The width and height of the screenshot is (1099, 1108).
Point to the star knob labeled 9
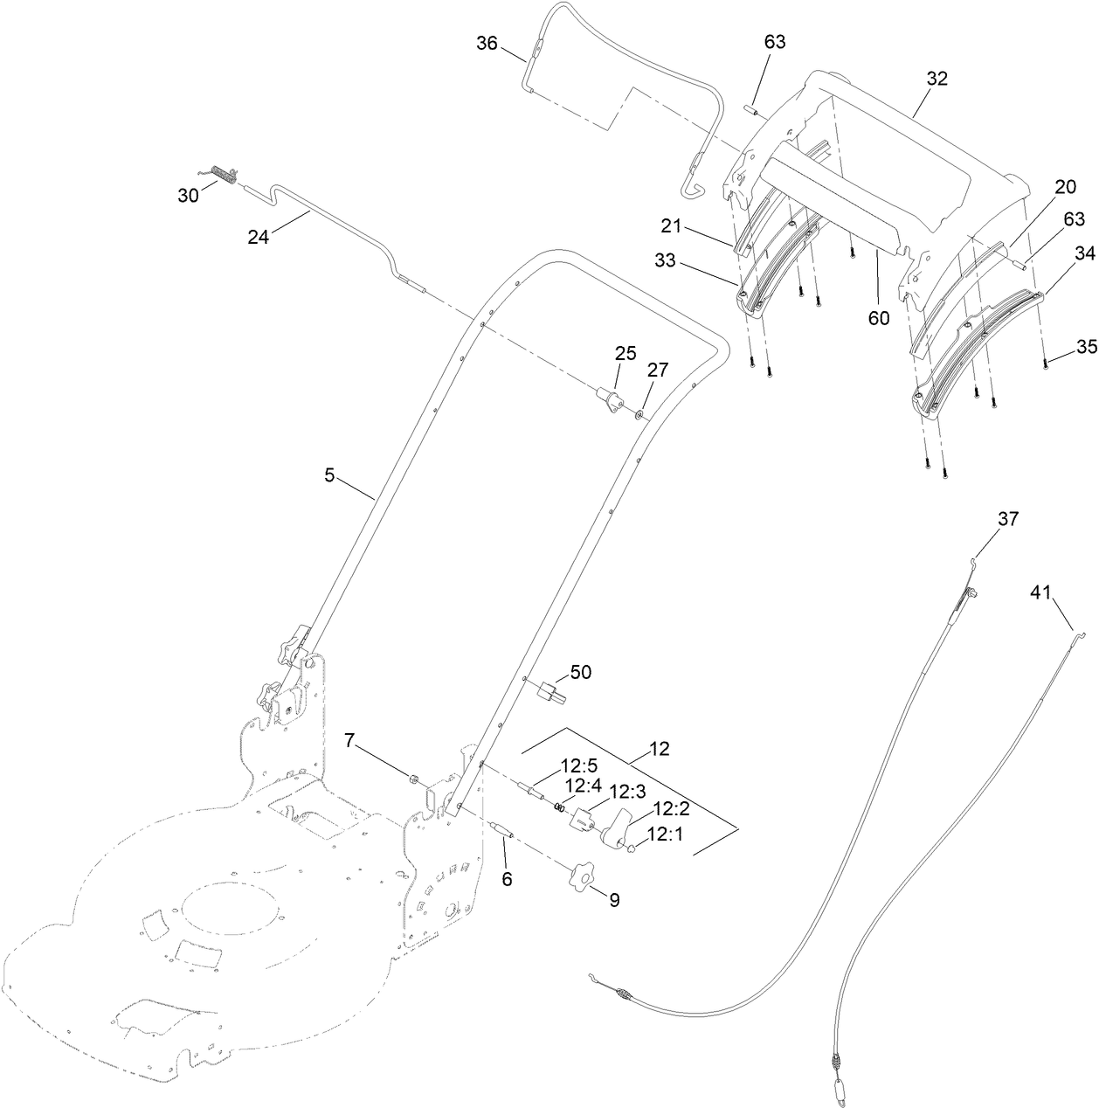coord(580,877)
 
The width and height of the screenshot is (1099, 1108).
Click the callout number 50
coord(580,672)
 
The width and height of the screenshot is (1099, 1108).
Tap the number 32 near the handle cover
coord(937,78)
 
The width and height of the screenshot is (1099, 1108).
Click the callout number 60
coord(878,318)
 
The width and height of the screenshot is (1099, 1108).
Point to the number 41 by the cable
coord(1039,593)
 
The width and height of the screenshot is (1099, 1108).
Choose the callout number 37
coord(1008,519)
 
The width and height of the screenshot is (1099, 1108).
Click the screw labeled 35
coord(1045,364)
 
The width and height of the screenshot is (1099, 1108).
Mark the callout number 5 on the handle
coord(329,474)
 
